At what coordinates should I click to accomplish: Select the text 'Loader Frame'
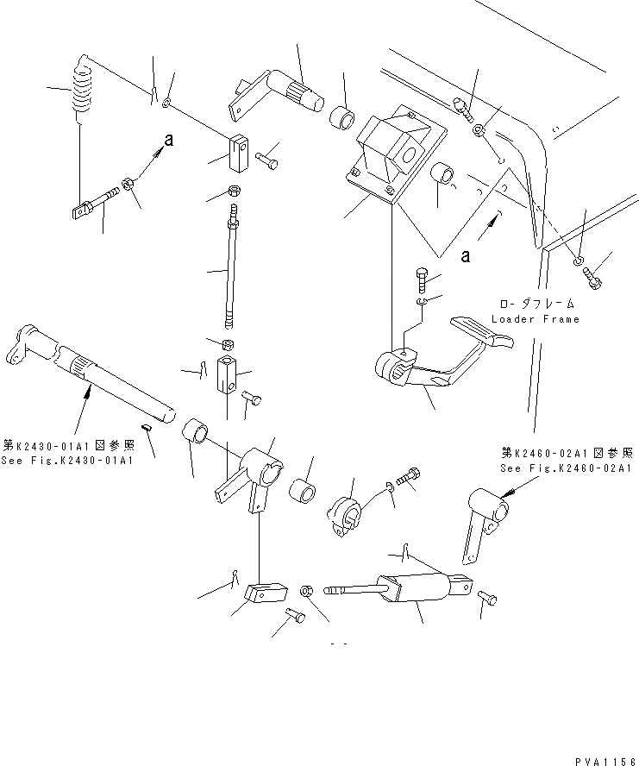point(535,319)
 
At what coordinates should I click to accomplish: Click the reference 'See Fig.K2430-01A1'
point(68,460)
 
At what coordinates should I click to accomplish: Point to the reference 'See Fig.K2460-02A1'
point(567,468)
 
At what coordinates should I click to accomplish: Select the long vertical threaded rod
point(231,272)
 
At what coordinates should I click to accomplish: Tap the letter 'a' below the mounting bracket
point(466,255)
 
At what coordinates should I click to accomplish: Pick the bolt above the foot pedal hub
point(421,279)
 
